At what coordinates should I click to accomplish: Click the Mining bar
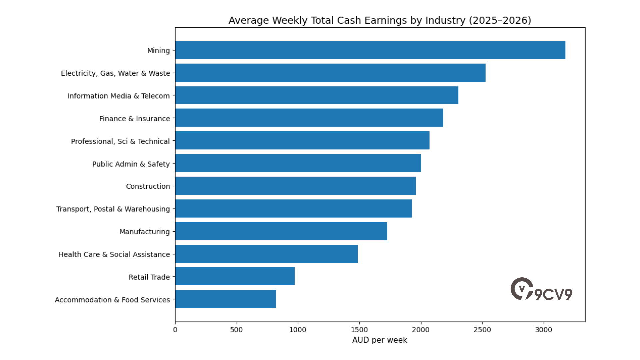pos(370,50)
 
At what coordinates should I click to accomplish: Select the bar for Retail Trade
pos(235,276)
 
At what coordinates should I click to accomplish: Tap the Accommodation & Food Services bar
pos(226,299)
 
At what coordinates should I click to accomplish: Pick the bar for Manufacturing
pos(281,231)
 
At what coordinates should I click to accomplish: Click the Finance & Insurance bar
pos(309,118)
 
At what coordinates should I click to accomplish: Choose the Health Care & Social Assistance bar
pos(266,254)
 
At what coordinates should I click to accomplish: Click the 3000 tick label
pos(544,330)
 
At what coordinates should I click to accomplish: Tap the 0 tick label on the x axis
pos(175,330)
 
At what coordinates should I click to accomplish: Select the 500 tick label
pos(237,330)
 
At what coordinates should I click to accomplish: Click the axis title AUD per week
pos(380,340)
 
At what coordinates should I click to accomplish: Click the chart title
pos(380,20)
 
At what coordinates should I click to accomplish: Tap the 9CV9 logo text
pos(553,294)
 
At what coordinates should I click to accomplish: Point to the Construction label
pos(148,186)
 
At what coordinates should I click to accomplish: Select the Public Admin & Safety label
pos(131,164)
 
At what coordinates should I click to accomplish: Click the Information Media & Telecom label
pos(118,96)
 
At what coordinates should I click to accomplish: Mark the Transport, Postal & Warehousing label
pos(113,209)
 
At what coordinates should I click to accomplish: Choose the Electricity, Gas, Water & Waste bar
pos(330,73)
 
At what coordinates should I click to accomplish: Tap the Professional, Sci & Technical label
pos(120,141)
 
